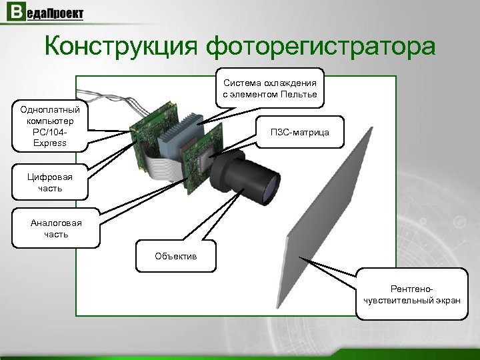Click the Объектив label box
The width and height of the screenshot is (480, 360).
(176, 255)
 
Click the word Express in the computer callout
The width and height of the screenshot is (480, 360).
(53, 143)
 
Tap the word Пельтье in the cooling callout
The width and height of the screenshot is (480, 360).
(298, 95)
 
